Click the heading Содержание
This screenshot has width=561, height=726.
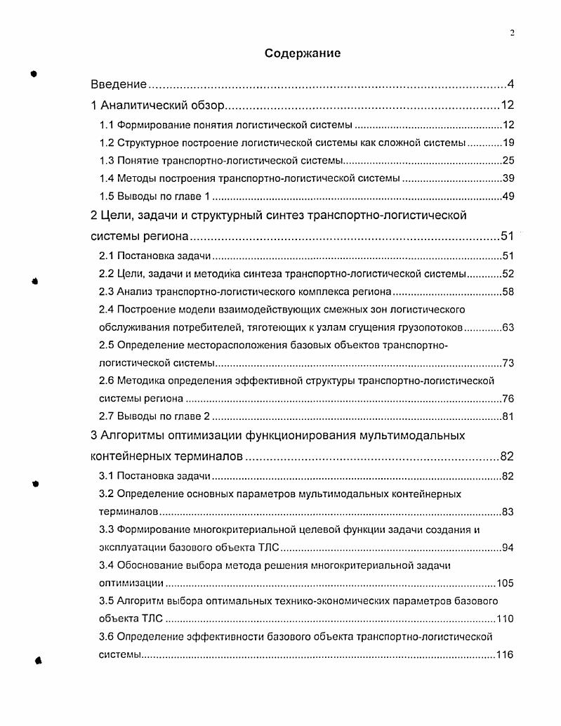[303, 53]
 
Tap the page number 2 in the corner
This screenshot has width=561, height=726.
[513, 32]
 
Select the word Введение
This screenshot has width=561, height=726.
[119, 85]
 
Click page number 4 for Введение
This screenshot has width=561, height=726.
[512, 85]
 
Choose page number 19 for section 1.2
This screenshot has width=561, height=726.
[509, 143]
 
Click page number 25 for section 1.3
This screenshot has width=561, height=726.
[509, 160]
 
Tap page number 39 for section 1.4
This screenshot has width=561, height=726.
[509, 178]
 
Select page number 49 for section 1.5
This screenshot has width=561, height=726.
[509, 196]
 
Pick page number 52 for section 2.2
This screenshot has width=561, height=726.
[509, 274]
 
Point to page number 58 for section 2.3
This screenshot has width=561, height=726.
[509, 291]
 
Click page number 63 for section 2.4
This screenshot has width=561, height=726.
[509, 327]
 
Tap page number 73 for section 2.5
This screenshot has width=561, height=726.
[509, 363]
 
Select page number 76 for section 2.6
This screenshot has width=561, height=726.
[509, 399]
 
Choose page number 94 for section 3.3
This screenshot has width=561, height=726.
[509, 547]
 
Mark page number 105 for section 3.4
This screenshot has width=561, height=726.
[506, 583]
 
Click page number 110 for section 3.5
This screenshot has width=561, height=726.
[506, 619]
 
